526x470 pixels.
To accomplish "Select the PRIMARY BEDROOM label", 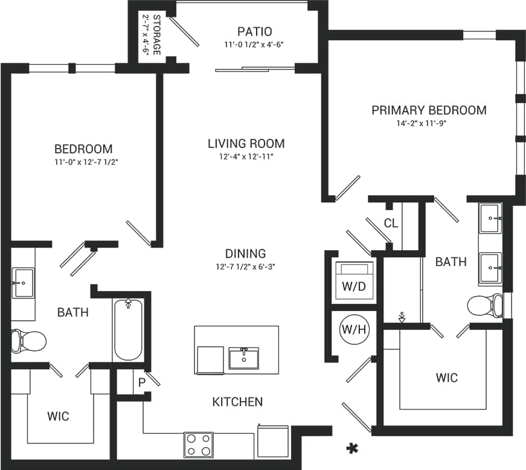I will click(429, 110).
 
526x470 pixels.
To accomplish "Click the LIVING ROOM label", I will click(246, 144).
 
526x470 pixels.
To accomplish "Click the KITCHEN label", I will click(237, 401).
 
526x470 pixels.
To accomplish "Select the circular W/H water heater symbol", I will click(353, 330).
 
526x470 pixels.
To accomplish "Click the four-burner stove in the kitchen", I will click(198, 445).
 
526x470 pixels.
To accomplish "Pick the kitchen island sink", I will click(244, 358).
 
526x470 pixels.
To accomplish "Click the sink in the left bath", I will click(24, 283).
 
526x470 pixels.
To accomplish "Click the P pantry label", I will click(142, 382).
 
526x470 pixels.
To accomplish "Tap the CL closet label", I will click(391, 223).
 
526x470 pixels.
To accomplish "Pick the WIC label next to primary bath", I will click(446, 378).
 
